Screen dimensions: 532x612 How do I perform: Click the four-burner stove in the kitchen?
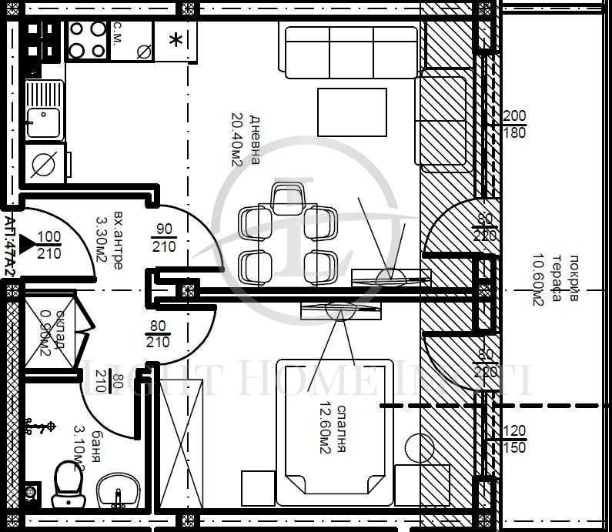point(87,40)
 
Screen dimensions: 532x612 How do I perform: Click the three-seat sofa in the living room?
point(351,52)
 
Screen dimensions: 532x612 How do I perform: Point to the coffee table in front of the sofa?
point(353,112)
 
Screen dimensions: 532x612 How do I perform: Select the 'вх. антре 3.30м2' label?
point(109,239)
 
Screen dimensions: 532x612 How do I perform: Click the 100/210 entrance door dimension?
point(49,244)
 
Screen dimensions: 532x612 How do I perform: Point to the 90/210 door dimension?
point(164,238)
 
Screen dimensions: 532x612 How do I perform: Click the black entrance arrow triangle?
point(27,245)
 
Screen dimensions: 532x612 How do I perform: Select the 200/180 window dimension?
point(514,124)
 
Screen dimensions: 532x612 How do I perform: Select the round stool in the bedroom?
point(420,449)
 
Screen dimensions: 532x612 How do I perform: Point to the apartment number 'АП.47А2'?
point(9,239)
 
